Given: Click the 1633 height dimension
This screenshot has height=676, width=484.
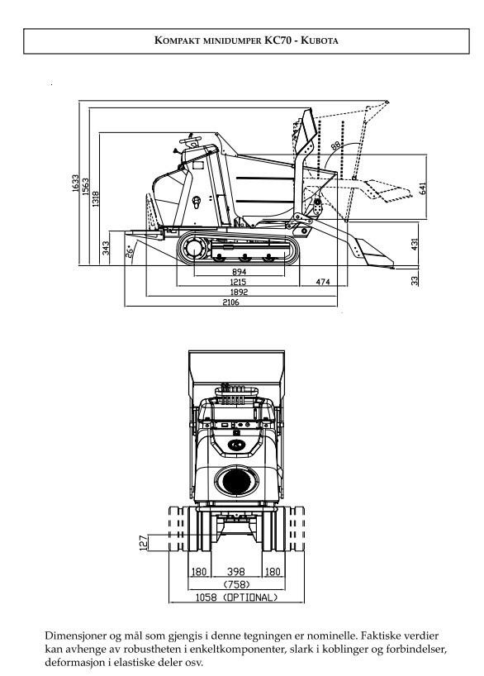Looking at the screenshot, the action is click(x=75, y=183).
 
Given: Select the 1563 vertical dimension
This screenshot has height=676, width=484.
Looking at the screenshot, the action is click(x=85, y=187).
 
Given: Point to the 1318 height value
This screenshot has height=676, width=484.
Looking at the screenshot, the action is click(x=96, y=199).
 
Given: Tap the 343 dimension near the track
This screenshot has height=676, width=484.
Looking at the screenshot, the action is click(x=106, y=248).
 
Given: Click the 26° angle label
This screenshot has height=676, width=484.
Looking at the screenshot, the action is click(x=129, y=252).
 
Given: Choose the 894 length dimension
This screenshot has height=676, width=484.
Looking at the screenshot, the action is click(x=239, y=272).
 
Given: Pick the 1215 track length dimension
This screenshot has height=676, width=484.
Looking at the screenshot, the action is click(x=238, y=282).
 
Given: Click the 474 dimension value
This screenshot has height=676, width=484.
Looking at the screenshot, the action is click(x=323, y=282).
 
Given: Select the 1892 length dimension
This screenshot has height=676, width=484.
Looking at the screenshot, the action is click(x=240, y=293).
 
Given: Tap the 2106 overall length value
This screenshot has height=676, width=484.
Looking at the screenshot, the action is click(x=230, y=302).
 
